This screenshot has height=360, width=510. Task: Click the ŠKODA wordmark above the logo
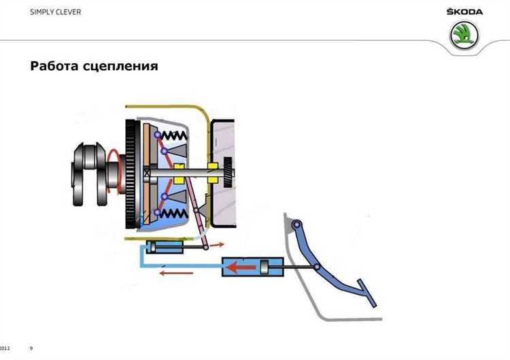pos(464,12)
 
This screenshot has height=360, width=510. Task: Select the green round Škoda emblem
pos(465,35)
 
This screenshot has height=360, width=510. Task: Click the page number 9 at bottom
pos(31,348)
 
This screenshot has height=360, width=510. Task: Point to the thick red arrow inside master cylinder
pos(241,267)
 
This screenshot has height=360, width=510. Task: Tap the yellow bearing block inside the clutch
pos(179,174)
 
